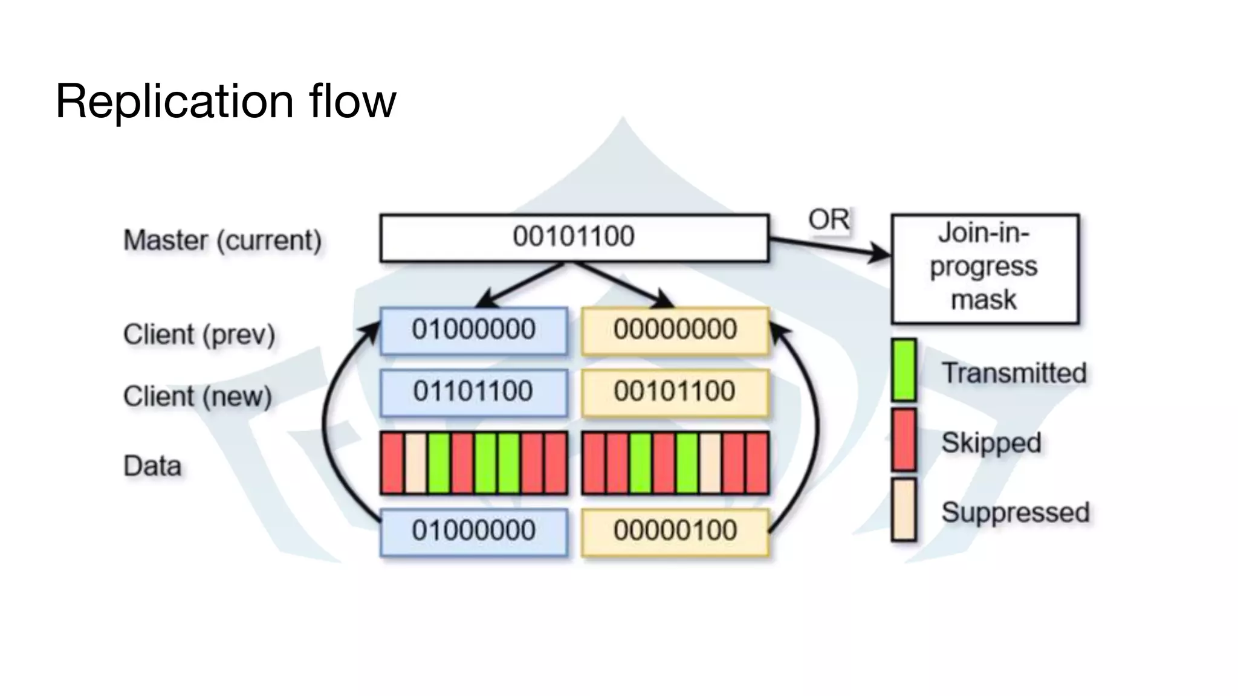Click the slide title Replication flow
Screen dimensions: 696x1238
[x=225, y=101]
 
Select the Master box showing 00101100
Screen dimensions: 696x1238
[x=574, y=237]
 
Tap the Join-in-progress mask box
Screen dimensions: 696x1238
[x=984, y=268]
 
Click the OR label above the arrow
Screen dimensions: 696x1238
[x=829, y=219]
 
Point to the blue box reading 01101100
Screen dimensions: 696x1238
[x=473, y=393]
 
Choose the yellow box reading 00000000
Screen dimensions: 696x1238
[x=675, y=330]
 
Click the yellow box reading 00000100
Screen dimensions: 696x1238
[x=675, y=532]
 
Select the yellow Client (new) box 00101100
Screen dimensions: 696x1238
[x=675, y=393]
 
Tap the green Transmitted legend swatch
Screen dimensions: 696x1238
[x=904, y=370]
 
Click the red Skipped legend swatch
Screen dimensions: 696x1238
[x=904, y=440]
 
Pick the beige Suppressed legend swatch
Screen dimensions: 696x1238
[x=904, y=509]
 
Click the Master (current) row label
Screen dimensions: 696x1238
[x=222, y=240]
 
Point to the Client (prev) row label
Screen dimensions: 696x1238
[x=199, y=335]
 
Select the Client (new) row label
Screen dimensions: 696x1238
[x=197, y=397]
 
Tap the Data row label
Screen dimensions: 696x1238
[x=152, y=466]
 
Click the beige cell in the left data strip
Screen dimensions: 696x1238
[x=415, y=463]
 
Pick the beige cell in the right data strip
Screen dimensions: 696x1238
[x=710, y=463]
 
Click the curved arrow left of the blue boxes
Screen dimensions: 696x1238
[x=325, y=423]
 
